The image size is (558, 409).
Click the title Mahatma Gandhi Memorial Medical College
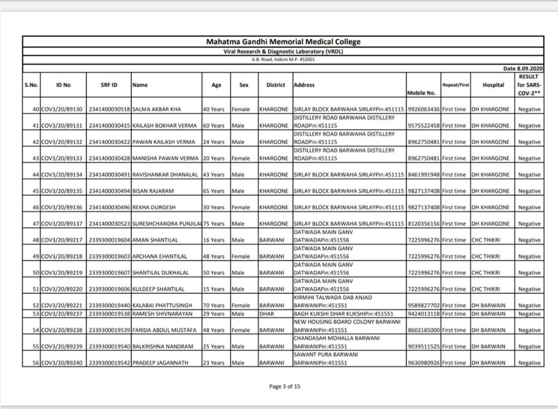point(283,41)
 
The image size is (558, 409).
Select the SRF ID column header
point(109,85)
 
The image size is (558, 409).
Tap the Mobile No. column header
point(421,93)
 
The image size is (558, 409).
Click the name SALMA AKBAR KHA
point(157,110)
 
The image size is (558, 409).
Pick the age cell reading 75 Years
point(214,224)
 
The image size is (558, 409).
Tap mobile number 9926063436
point(423,110)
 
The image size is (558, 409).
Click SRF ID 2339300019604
point(109,240)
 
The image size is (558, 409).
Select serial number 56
point(35,363)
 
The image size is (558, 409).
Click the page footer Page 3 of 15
point(284,387)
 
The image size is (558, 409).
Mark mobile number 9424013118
point(423,314)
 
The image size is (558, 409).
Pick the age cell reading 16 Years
point(214,240)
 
